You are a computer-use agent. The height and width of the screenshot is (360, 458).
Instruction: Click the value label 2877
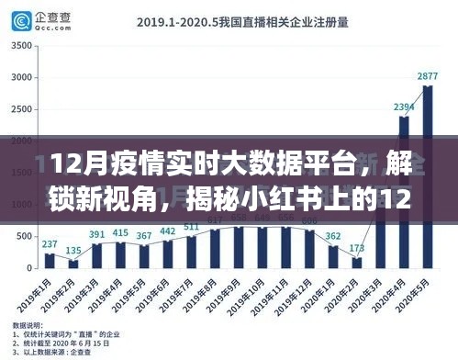coord(428,76)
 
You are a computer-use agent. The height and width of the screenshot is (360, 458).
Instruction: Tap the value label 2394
coord(404,107)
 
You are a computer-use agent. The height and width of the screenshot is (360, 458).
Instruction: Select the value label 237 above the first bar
coord(50,243)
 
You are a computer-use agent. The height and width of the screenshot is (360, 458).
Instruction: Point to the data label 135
coord(73,251)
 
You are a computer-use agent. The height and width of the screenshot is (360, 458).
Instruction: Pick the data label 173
coord(357,249)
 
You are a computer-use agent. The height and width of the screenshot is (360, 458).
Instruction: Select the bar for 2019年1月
coord(50,260)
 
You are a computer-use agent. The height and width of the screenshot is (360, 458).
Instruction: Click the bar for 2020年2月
coord(357,263)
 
